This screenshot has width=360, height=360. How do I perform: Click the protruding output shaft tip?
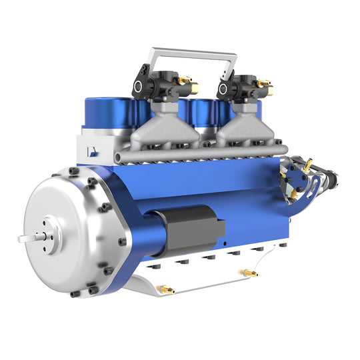point(21,238)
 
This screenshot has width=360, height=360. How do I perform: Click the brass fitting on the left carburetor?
point(187,83)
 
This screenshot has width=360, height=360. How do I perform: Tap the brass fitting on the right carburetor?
point(266,85)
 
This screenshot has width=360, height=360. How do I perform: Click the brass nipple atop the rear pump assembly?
point(307,162)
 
